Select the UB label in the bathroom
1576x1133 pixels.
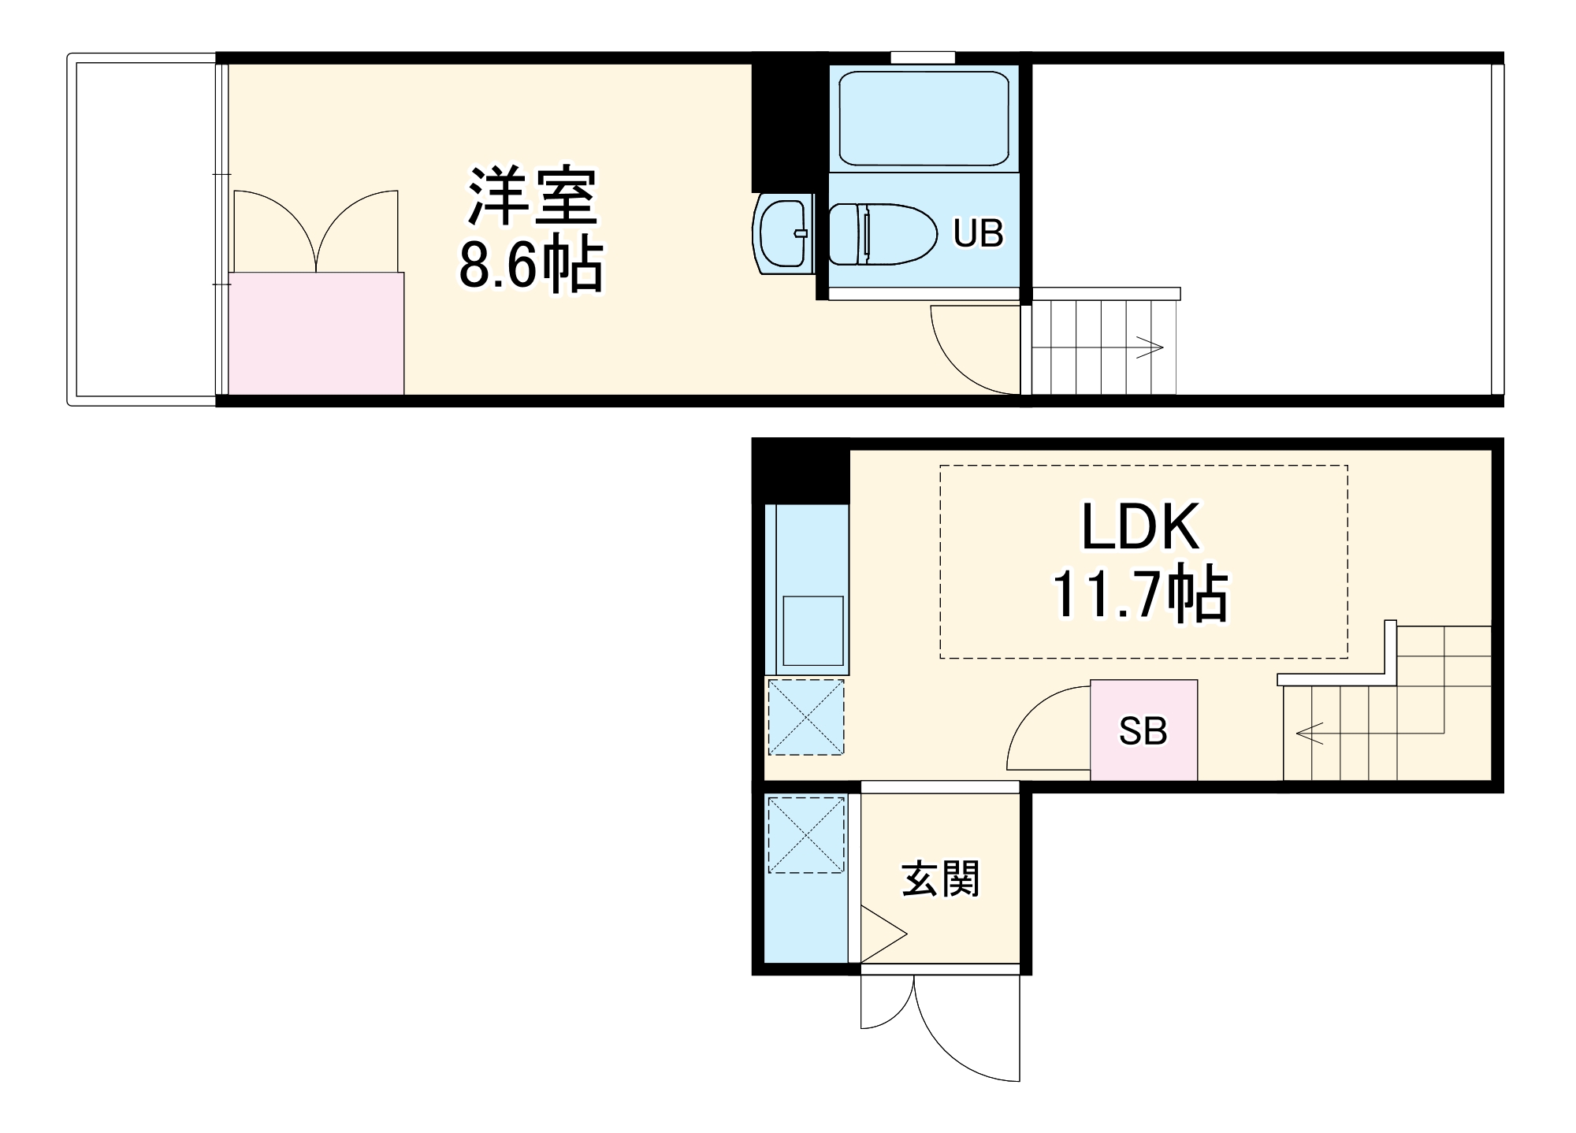tap(978, 233)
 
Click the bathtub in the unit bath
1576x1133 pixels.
tap(923, 118)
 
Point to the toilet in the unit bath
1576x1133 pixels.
tap(881, 234)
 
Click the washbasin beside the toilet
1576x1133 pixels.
tap(783, 233)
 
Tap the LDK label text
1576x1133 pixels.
tap(1140, 526)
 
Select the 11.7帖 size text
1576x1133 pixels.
tap(1140, 595)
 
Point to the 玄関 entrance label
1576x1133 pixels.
tap(941, 879)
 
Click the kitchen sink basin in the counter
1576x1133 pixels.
tap(812, 630)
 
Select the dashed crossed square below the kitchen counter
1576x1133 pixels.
tap(805, 717)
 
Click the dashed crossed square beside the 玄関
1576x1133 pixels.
tap(805, 835)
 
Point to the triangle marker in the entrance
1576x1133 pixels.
tap(879, 934)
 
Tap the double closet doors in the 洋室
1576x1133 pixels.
tap(316, 232)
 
